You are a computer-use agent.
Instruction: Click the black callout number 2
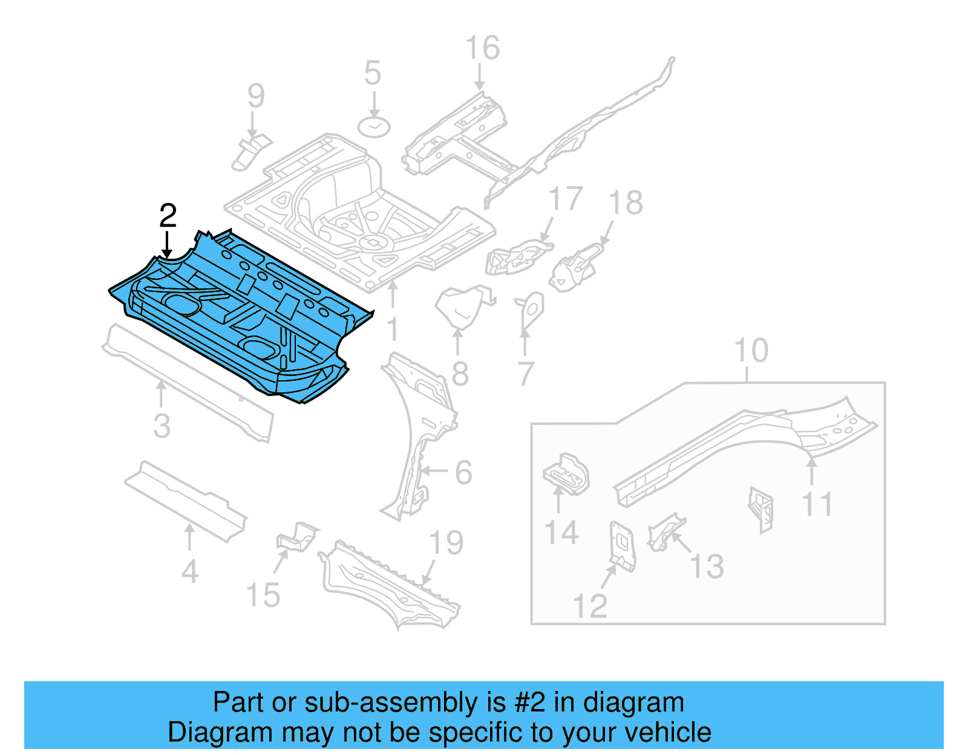pyautogui.click(x=168, y=216)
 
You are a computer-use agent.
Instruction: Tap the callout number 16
pyautogui.click(x=482, y=48)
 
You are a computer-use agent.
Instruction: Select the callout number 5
pyautogui.click(x=373, y=73)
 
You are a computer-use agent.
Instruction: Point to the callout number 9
pyautogui.click(x=256, y=96)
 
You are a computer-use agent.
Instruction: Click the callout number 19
pyautogui.click(x=446, y=543)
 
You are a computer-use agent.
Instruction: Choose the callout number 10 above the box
pyautogui.click(x=751, y=351)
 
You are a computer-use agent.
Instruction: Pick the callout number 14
pyautogui.click(x=561, y=533)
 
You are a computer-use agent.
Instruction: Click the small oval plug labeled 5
pyautogui.click(x=374, y=127)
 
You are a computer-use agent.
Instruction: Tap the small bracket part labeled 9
pyautogui.click(x=250, y=152)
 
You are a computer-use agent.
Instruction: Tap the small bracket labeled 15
pyautogui.click(x=296, y=537)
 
